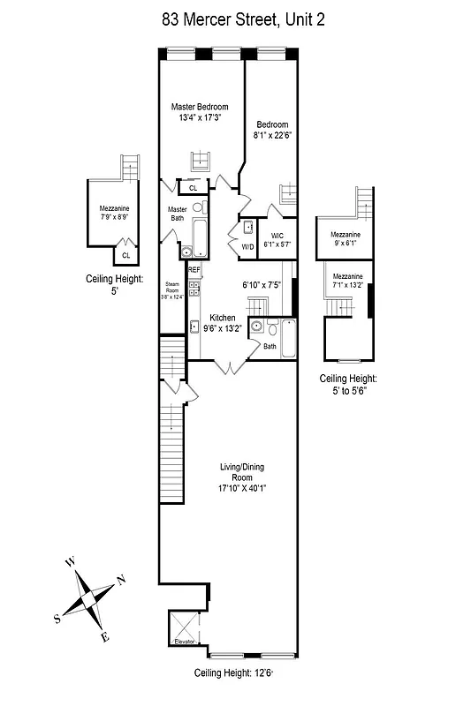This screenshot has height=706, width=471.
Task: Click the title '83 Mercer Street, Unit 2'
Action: point(243,20)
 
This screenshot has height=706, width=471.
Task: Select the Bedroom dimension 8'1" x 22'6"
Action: point(272,137)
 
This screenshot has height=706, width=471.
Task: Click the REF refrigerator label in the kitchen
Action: point(194,269)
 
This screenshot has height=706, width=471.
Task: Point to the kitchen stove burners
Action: point(194,288)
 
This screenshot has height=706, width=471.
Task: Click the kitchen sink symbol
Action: point(194,326)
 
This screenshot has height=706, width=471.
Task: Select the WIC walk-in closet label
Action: point(277,235)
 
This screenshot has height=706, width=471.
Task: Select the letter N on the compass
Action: point(121,580)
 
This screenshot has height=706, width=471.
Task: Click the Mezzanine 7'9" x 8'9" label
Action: point(114,213)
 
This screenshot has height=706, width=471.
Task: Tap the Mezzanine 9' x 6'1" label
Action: point(346,239)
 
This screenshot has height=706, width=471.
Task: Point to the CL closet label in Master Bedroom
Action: point(193,188)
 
